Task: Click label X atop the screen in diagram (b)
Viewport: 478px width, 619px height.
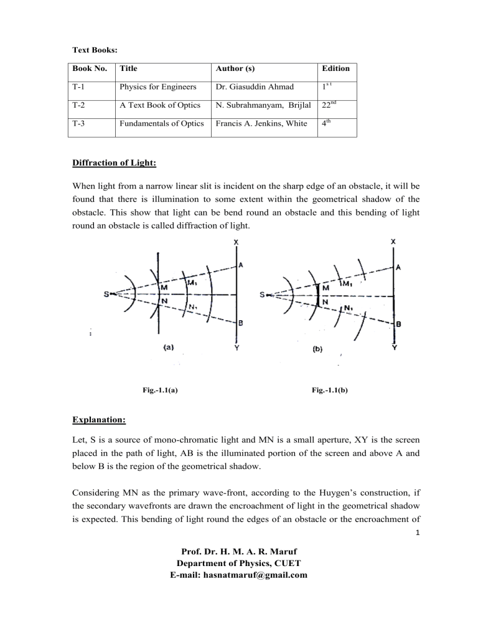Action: (393, 242)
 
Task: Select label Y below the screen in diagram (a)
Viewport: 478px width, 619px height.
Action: (237, 348)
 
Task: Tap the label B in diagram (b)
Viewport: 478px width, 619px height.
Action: (398, 324)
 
